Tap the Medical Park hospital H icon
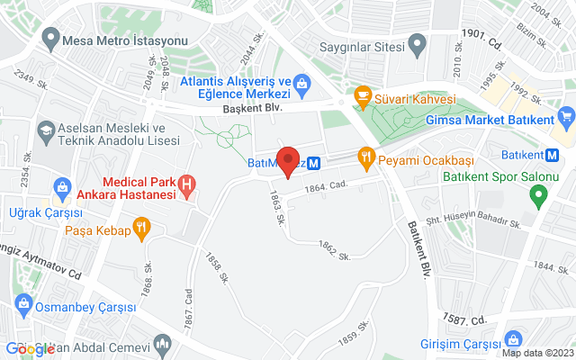click(186, 186)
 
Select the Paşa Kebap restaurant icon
click(141, 229)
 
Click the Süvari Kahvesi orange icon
click(364, 94)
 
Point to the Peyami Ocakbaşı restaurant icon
click(365, 157)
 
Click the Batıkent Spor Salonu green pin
click(538, 193)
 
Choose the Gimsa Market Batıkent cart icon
click(565, 117)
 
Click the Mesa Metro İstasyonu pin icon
click(49, 40)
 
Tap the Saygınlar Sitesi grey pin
click(416, 42)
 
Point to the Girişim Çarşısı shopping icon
click(512, 339)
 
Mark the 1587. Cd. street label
click(465, 319)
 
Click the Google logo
click(30, 349)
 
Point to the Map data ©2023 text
click(536, 353)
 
